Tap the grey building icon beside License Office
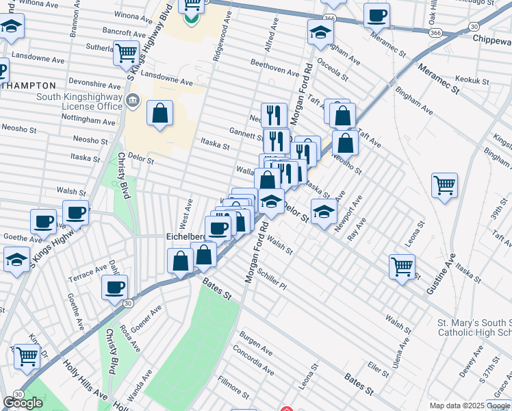pyautogui.click(x=133, y=101)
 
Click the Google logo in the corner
pyautogui.click(x=23, y=402)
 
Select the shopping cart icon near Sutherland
pyautogui.click(x=126, y=52)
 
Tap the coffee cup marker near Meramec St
pyautogui.click(x=376, y=14)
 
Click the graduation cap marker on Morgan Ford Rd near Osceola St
pyautogui.click(x=320, y=32)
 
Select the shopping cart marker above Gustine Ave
pyautogui.click(x=444, y=184)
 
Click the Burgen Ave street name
pyautogui.click(x=255, y=344)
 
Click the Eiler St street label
pyautogui.click(x=378, y=369)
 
